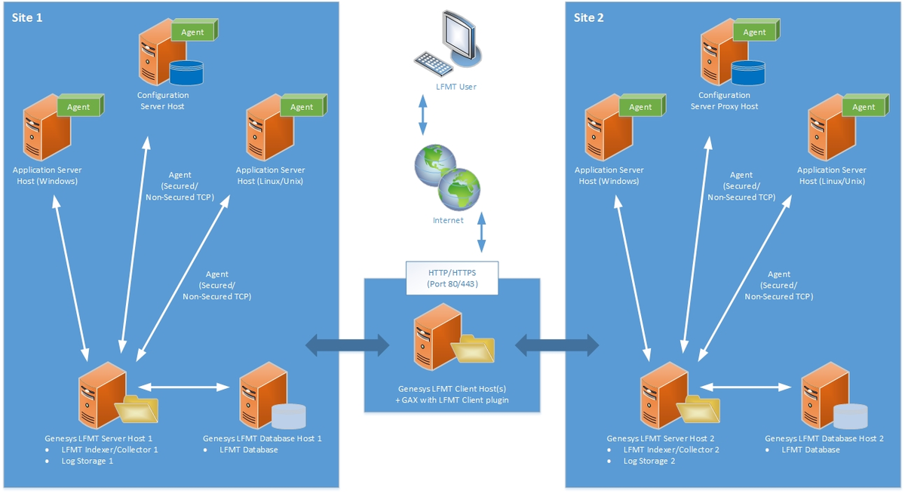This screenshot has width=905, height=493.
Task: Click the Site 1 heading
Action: coord(27,17)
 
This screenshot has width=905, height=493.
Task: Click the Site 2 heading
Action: coord(589,17)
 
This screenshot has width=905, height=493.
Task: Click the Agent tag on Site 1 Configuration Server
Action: coord(193,32)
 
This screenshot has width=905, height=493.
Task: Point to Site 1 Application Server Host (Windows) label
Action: coord(47,176)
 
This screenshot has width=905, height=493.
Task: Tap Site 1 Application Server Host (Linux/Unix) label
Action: coord(270,176)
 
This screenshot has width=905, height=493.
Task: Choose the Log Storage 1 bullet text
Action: coord(87,461)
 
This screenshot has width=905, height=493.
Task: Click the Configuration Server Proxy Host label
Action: coord(724,101)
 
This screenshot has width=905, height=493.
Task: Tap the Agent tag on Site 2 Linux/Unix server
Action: coord(864,107)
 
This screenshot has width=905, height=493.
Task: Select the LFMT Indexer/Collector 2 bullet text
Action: coord(671,449)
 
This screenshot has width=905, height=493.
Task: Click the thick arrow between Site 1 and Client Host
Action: coord(347,346)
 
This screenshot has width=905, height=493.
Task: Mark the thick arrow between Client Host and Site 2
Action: coord(557,346)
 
